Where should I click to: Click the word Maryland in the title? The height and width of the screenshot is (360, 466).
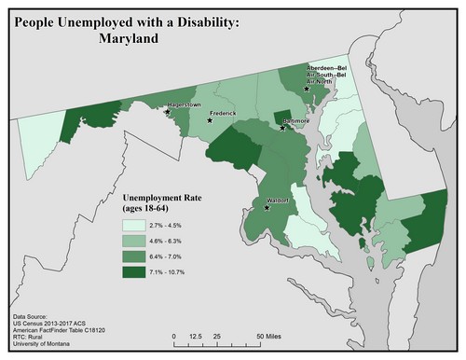[128, 41]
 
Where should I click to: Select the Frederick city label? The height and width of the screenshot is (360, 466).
[223, 113]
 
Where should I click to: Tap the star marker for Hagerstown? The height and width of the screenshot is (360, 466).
[167, 112]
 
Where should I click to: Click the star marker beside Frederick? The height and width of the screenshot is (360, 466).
[210, 120]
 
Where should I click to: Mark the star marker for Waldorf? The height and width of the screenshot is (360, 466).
[267, 208]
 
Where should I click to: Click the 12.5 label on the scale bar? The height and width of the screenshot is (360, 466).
[196, 335]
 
